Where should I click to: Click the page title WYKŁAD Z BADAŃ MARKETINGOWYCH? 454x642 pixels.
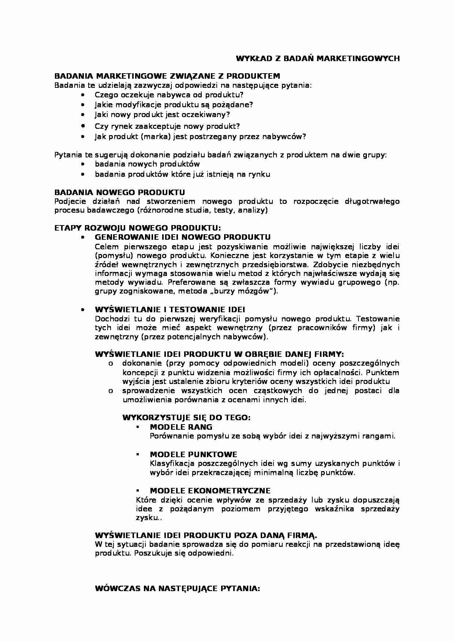pos(317,59)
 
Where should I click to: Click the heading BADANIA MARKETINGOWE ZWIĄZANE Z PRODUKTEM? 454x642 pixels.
pos(167,76)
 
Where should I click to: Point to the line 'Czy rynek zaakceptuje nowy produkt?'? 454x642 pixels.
pos(167,127)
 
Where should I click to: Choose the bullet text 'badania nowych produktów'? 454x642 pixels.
pos(147,164)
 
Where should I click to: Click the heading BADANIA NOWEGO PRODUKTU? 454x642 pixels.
pos(119,193)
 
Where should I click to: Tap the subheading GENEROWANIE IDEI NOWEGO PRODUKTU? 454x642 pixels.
pos(183,237)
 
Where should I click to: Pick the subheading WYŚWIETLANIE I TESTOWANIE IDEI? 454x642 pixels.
pos(170,310)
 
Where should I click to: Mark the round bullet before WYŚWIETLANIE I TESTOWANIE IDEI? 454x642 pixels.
pos(83,310)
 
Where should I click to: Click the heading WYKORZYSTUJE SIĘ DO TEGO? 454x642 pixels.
pos(186,418)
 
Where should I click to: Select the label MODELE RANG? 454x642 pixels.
pos(181,427)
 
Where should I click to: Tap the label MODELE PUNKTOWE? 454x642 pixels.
pos(193,455)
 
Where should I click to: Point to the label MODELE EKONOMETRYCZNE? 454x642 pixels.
pos(210,491)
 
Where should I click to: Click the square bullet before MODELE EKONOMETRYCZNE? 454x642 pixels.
pos(138,491)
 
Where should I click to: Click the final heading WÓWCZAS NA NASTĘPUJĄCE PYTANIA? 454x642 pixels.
pos(177,589)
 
